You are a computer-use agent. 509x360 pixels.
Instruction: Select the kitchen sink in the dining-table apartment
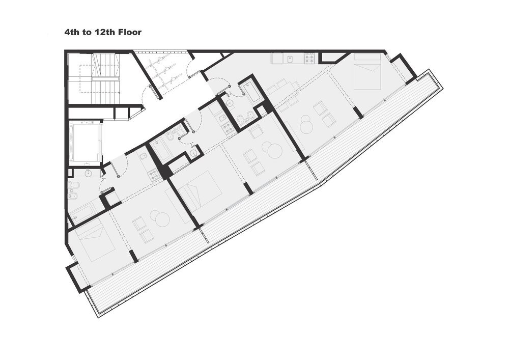click(x=289, y=58)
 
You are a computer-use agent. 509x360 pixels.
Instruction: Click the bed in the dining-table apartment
click(x=367, y=71)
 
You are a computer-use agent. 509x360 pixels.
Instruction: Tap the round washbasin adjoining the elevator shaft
click(x=89, y=173)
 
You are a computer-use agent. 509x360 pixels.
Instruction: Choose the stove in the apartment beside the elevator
click(x=154, y=176)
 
